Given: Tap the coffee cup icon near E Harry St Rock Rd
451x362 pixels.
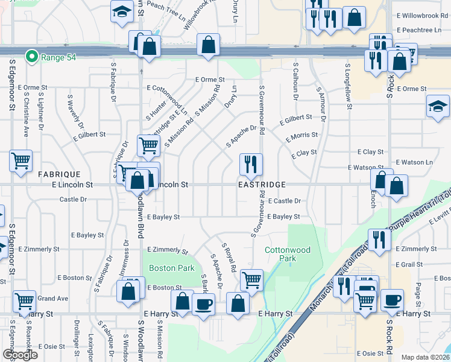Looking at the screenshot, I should pyautogui.click(x=392, y=299).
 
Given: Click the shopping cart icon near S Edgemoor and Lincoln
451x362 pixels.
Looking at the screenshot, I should pyautogui.click(x=21, y=160).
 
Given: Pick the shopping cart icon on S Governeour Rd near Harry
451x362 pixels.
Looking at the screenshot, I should pyautogui.click(x=251, y=279).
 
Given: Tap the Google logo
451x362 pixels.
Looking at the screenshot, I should pyautogui.click(x=20, y=354).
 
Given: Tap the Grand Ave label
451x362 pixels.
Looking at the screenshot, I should pyautogui.click(x=53, y=298).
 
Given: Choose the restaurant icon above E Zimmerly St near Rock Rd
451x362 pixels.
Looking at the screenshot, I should pyautogui.click(x=379, y=238).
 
